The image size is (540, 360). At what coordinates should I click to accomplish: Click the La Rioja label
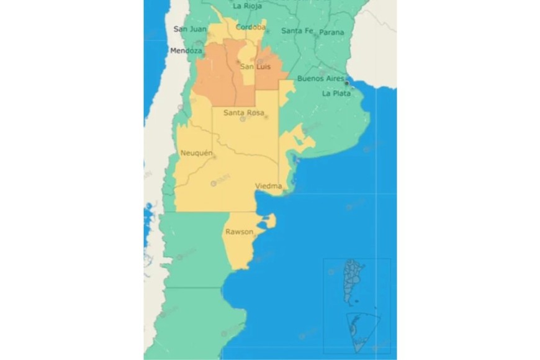point(246,6)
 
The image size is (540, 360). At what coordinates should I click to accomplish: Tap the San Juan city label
point(189,29)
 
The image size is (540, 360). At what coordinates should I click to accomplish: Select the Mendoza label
point(186,51)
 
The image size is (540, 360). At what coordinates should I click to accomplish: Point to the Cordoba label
point(251,27)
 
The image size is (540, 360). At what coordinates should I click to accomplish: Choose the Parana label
point(331,32)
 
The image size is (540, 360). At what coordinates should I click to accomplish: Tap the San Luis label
point(255,66)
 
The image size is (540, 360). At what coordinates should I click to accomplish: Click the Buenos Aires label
point(320,79)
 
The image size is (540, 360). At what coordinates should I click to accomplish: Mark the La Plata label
point(335,94)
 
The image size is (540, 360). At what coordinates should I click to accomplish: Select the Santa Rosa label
point(243,113)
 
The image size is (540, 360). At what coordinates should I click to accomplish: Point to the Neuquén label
point(196,153)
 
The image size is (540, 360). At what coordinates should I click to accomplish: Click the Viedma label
point(269,186)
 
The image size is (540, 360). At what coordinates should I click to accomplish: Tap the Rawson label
point(239,232)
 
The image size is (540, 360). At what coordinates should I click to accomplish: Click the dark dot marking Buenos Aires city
point(346,83)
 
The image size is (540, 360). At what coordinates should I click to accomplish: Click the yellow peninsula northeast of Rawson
point(268,221)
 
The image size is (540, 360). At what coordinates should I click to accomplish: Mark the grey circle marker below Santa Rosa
point(243,119)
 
